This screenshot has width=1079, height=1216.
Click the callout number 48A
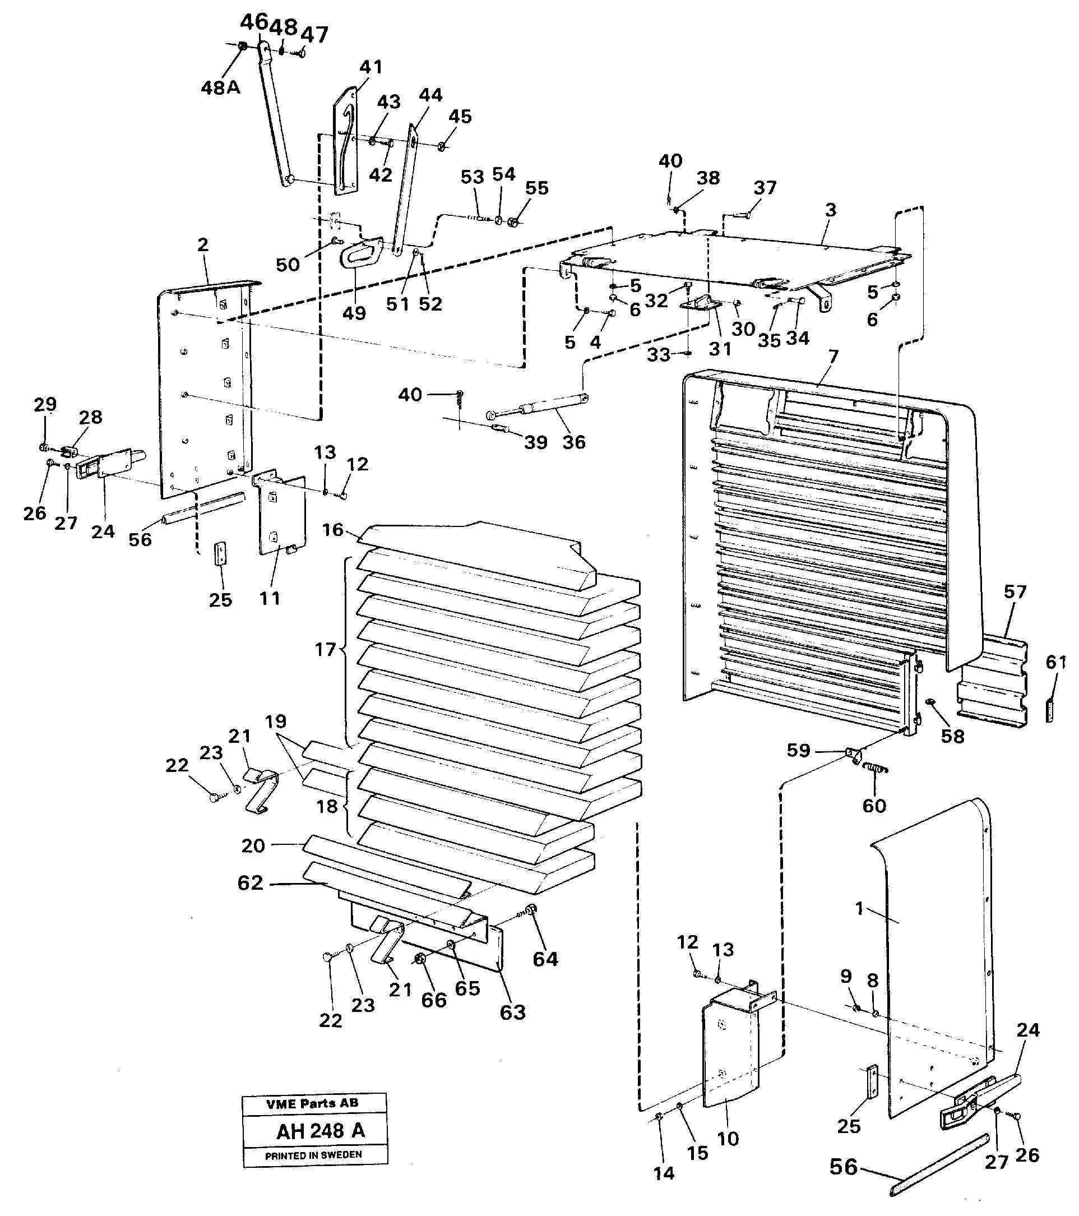tap(220, 88)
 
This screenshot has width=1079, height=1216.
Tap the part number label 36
tap(573, 442)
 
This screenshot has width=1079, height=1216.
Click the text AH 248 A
tap(320, 1130)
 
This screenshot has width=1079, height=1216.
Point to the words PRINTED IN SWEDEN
tap(313, 1155)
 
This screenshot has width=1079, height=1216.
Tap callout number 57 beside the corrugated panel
tap(1015, 592)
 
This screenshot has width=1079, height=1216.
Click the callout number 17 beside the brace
tap(325, 649)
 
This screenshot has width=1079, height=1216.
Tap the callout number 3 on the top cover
tap(830, 210)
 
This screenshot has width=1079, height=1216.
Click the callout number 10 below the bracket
tap(728, 1139)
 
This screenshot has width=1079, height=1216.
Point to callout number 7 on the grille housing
tap(833, 357)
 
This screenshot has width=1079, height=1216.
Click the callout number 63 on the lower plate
tap(513, 1012)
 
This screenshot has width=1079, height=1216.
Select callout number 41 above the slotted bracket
tap(371, 67)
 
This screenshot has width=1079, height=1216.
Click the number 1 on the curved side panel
tap(859, 908)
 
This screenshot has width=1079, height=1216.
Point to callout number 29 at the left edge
tap(45, 405)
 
